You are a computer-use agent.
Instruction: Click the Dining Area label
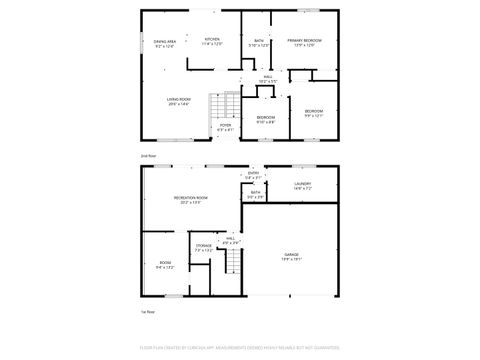(x=165, y=44)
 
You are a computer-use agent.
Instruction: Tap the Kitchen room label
(x=211, y=42)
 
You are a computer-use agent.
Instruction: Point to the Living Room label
(x=179, y=101)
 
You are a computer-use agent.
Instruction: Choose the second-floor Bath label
(x=259, y=42)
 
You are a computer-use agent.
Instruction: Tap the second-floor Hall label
(x=268, y=78)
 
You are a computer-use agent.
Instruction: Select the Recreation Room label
(x=190, y=200)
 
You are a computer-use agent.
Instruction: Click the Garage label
(x=291, y=257)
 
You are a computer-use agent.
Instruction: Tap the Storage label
(x=203, y=246)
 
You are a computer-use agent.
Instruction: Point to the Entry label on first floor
(x=254, y=175)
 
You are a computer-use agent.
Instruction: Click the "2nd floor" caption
(x=147, y=157)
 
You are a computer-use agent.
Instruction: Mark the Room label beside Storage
(x=165, y=267)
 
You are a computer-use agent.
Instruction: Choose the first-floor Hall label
(x=231, y=239)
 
